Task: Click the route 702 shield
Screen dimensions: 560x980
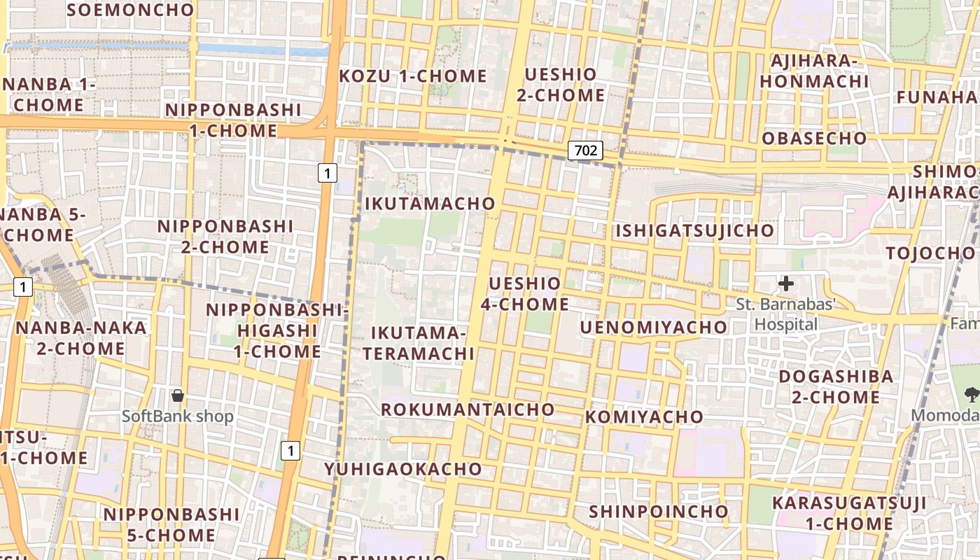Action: [585, 150]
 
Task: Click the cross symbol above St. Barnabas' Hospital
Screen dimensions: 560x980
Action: [786, 283]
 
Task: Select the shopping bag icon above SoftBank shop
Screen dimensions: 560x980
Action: [178, 395]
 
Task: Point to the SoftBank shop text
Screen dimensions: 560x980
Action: [178, 416]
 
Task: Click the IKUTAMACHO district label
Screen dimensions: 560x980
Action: [430, 204]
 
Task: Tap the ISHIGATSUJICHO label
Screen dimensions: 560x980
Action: [694, 230]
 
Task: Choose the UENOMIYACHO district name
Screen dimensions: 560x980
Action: [654, 327]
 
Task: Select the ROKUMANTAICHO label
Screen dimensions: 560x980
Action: [468, 409]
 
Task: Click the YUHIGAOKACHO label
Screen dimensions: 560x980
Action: [403, 468]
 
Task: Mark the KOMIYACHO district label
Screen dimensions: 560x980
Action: [644, 416]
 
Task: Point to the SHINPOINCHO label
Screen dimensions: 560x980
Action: [658, 512]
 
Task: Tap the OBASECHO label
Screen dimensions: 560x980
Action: [814, 138]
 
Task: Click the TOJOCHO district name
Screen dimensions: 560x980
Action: [930, 253]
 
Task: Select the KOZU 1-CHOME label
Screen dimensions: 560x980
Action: [413, 76]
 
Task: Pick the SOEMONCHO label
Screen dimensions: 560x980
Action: [130, 10]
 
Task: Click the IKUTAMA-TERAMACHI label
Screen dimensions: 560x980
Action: [419, 342]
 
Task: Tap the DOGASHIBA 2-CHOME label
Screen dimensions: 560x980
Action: [836, 386]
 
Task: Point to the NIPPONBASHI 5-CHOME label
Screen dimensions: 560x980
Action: [171, 524]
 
